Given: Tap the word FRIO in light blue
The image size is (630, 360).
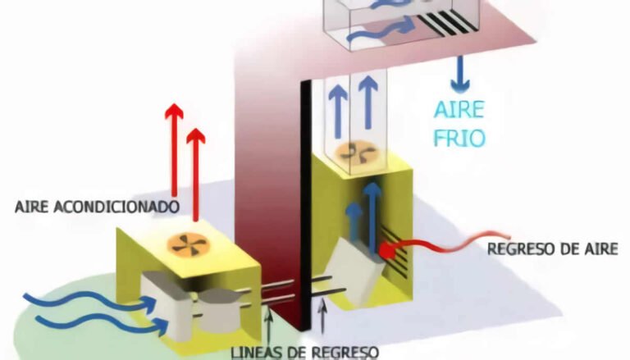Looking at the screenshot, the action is (459, 138).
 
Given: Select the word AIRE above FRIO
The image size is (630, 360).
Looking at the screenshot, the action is (459, 109).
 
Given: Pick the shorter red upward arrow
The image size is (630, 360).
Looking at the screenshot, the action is (196, 175).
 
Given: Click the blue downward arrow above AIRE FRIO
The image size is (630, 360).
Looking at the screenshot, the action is (459, 74).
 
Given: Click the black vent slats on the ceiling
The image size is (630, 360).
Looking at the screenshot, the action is (448, 23).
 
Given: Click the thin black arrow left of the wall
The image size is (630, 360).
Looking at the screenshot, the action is (270, 329).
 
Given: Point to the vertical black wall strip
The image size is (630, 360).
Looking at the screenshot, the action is (306, 205).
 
